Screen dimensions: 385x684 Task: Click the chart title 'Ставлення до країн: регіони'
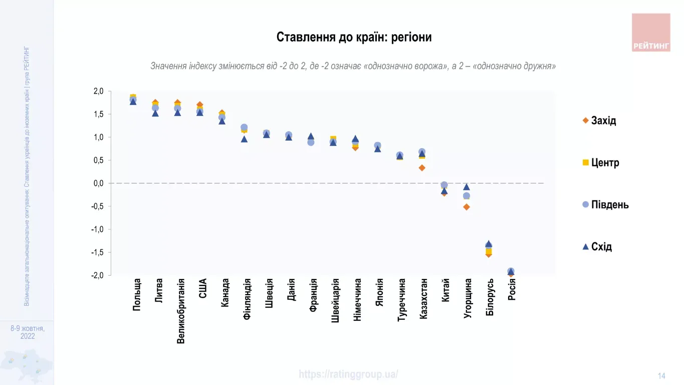[354, 37]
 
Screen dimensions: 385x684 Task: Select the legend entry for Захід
[599, 120]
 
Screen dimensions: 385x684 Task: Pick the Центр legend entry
[600, 163]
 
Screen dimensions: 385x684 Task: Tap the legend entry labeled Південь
[605, 205]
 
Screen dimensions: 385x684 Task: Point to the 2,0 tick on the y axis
[98, 91]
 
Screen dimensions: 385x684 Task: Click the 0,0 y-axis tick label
[98, 183]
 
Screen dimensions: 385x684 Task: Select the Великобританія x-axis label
[181, 311]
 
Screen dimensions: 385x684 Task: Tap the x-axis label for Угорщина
[468, 299]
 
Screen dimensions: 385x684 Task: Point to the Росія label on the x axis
[512, 290]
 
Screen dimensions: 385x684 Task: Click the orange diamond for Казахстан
[422, 168]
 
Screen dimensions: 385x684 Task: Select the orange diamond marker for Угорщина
[467, 207]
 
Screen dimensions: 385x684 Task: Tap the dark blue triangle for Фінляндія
[244, 139]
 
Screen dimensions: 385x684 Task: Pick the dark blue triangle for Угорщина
[467, 187]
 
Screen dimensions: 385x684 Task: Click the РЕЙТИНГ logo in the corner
[650, 33]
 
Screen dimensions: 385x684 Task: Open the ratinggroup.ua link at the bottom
[348, 374]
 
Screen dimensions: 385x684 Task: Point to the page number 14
[661, 376]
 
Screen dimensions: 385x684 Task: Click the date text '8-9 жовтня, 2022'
[28, 332]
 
